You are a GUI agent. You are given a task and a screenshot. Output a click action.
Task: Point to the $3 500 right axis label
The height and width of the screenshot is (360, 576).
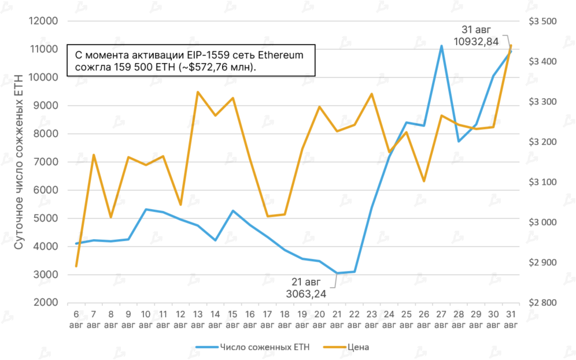tap(542, 21)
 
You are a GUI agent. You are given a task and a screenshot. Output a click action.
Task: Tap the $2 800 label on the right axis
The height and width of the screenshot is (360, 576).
tap(542, 303)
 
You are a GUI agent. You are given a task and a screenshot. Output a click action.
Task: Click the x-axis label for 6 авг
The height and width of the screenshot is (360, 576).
tap(76, 319)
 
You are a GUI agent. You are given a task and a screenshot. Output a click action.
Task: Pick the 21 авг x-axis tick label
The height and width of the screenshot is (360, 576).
tap(337, 319)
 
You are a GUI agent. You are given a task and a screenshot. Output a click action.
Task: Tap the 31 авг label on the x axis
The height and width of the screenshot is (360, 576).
tap(511, 319)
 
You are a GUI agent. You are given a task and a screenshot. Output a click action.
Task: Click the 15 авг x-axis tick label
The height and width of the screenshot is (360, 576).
tap(232, 319)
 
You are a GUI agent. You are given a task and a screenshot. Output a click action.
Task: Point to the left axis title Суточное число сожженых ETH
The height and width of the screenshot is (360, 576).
tap(19, 162)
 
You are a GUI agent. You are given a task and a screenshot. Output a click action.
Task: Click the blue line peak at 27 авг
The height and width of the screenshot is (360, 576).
tap(441, 46)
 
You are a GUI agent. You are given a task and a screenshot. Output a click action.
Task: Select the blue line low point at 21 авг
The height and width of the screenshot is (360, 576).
tap(337, 273)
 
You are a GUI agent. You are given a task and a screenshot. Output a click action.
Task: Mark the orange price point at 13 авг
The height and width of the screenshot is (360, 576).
tap(198, 92)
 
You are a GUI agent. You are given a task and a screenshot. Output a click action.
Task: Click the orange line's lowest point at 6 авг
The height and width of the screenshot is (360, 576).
tap(76, 266)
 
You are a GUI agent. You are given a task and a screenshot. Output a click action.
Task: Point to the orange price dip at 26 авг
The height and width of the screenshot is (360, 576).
tap(424, 181)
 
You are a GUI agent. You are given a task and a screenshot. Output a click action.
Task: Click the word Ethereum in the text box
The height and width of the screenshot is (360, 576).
tap(280, 55)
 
